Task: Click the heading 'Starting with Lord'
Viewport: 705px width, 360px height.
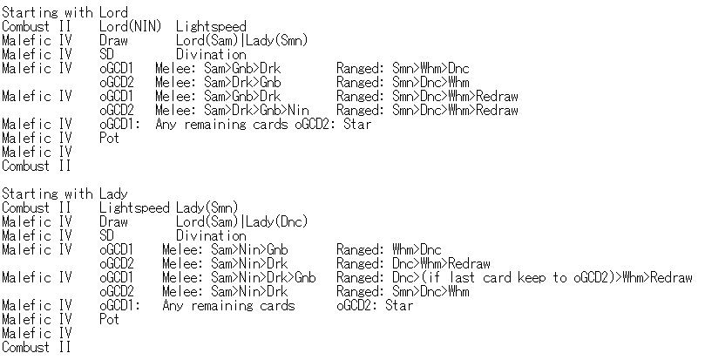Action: pyautogui.click(x=64, y=13)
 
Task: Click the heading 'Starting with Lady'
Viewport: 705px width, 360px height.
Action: pyautogui.click(x=64, y=194)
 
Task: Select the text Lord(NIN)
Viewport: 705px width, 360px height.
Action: pyautogui.click(x=130, y=27)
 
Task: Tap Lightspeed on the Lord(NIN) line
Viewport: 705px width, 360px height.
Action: pyautogui.click(x=211, y=27)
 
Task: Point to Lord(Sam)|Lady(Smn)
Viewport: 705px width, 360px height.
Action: pyautogui.click(x=241, y=41)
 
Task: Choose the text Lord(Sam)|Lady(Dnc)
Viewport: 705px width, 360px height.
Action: pyautogui.click(x=241, y=222)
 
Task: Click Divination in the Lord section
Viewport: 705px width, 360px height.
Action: pyautogui.click(x=211, y=55)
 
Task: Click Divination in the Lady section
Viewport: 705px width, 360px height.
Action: pyautogui.click(x=211, y=236)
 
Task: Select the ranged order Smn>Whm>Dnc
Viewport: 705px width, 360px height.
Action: pyautogui.click(x=440, y=69)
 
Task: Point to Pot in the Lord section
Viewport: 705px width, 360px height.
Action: pyautogui.click(x=109, y=139)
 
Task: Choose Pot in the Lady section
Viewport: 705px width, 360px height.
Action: pyautogui.click(x=109, y=320)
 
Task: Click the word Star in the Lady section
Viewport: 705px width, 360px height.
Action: pyautogui.click(x=398, y=306)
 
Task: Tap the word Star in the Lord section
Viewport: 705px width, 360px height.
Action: pyautogui.click(x=356, y=125)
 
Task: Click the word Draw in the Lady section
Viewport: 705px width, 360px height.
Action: pyautogui.click(x=113, y=222)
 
